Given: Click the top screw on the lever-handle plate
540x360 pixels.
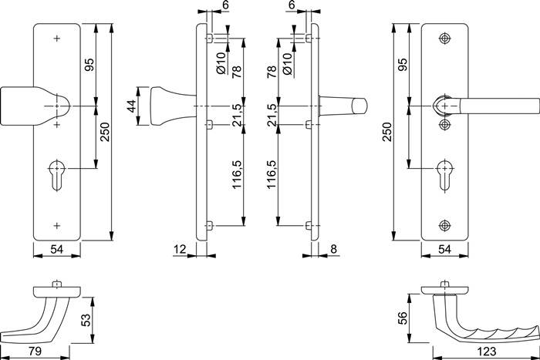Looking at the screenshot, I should [444, 39].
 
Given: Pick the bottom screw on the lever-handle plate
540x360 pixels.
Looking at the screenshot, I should [444, 225].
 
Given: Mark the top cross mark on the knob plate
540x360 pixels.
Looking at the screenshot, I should [58, 38].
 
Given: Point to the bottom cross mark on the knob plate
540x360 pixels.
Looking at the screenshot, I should [58, 225].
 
